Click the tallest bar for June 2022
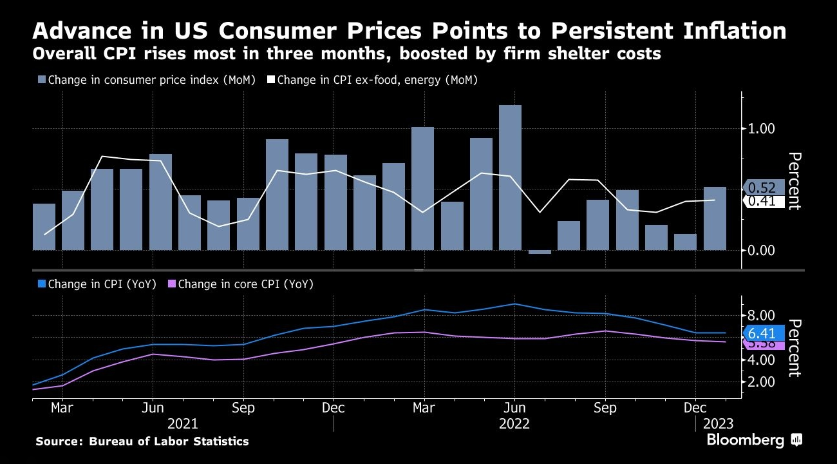click(510, 177)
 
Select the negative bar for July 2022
click(540, 252)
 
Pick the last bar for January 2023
click(715, 218)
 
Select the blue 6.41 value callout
click(764, 333)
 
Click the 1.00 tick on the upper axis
click(762, 129)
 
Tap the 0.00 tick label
click(762, 251)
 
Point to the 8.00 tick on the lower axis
click(760, 316)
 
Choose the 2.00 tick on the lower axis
click(760, 382)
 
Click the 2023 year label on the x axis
click(717, 423)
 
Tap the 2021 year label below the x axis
click(183, 423)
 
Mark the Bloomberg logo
click(754, 440)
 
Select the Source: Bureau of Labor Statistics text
click(142, 441)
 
